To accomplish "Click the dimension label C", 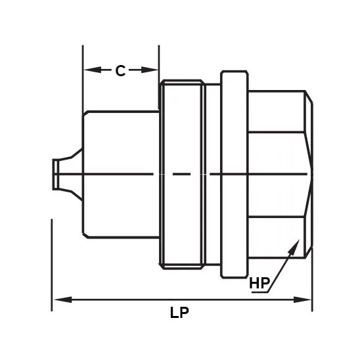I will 120,71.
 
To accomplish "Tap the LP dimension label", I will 179,313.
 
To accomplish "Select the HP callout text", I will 259,284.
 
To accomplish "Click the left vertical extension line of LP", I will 51,263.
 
